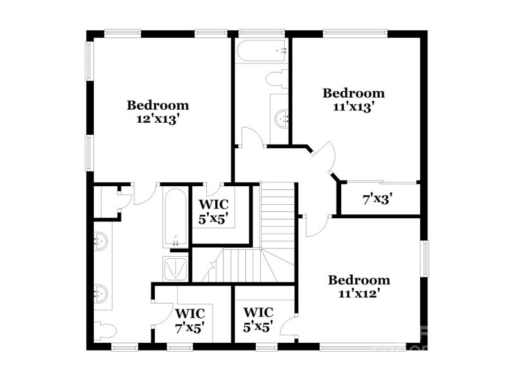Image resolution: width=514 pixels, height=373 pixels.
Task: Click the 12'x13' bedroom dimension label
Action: (158, 119)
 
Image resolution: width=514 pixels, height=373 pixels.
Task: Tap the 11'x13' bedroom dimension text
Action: (354, 107)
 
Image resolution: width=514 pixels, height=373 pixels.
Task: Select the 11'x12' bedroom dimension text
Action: (359, 294)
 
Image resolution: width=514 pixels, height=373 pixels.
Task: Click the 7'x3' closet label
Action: (378, 199)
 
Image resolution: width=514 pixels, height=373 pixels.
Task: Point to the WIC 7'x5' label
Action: (190, 320)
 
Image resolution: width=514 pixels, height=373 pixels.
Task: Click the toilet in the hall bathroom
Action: (276, 78)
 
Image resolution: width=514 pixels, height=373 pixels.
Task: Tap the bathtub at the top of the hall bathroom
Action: (262, 51)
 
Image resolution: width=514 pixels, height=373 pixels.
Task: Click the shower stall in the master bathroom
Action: (175, 268)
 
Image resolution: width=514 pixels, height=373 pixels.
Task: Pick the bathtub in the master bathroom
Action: (175, 218)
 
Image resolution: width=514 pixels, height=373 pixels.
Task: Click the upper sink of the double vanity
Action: (100, 241)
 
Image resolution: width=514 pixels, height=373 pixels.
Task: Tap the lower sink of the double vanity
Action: (100, 294)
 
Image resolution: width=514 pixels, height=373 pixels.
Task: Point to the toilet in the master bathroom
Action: (105, 331)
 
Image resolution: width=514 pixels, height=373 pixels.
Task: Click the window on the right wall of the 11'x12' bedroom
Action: (425, 259)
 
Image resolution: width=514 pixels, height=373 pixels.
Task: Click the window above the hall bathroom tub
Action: (261, 33)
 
